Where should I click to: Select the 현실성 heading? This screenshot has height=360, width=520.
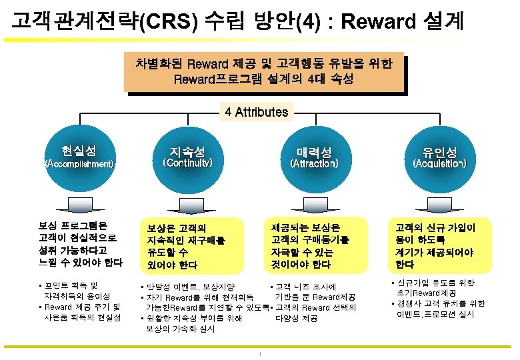(x=79, y=147)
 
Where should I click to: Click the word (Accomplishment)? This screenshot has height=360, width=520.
(x=79, y=163)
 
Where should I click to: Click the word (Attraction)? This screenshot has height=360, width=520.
(x=313, y=163)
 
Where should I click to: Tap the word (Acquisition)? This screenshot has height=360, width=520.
(x=439, y=163)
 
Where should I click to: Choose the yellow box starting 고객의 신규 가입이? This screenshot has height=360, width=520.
(x=439, y=245)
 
